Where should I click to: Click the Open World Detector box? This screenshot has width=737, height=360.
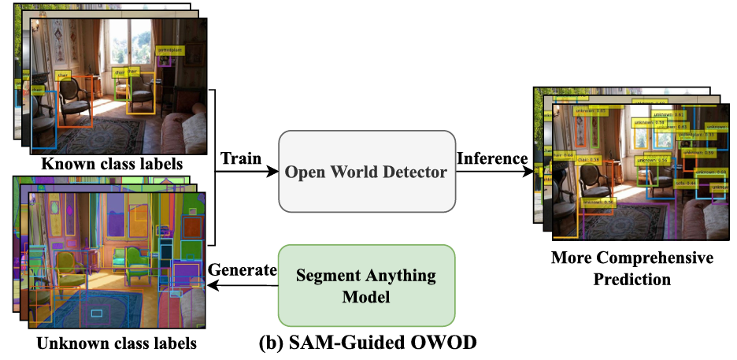coord(367,172)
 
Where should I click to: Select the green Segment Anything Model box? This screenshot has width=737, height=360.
coord(367,284)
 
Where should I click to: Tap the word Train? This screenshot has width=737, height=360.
coord(240,158)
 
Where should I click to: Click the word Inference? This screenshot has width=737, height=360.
coord(492,158)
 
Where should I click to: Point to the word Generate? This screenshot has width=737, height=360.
coord(242,270)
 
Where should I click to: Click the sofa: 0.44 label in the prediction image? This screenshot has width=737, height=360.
coord(684,183)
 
